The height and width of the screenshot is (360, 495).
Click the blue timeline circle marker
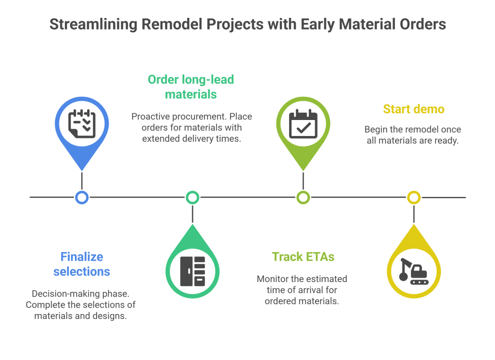(82, 197)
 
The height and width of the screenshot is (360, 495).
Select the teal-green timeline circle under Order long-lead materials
(192, 197)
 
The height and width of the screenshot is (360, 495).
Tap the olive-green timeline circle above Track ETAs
(303, 197)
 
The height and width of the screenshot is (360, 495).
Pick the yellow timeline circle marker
(414, 197)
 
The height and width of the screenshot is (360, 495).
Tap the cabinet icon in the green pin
(192, 271)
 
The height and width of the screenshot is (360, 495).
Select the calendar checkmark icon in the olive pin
(303, 123)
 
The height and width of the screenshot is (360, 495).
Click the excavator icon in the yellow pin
(414, 271)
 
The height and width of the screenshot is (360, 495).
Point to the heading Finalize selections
(82, 264)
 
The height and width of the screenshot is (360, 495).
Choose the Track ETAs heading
(303, 256)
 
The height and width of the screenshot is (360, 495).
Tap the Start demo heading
(413, 109)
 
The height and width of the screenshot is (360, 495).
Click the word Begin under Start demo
(377, 130)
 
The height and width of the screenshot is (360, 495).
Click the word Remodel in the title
(169, 25)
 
